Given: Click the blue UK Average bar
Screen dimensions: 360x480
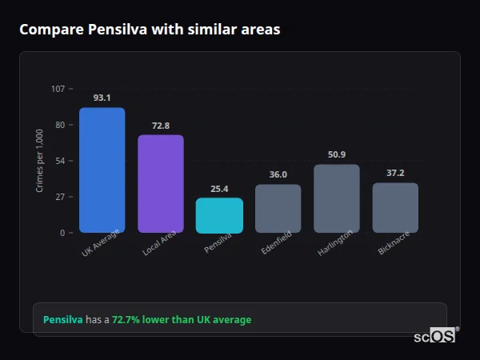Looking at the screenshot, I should (102, 170).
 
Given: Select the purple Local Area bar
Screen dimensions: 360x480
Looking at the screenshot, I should (161, 183).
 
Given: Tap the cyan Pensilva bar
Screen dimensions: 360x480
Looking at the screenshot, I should (219, 215).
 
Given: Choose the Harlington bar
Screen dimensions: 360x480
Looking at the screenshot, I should (337, 198).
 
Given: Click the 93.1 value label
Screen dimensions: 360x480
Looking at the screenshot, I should (102, 98).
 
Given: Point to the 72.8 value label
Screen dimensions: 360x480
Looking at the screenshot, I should (161, 126).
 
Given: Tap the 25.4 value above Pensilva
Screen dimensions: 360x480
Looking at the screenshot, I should (219, 189).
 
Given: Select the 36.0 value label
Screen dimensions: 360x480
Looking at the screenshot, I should (278, 174).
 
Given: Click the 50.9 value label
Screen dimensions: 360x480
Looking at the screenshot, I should (337, 154).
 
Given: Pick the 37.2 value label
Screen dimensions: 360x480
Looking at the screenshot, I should (395, 173).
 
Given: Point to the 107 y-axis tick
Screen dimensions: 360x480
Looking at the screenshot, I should (58, 88).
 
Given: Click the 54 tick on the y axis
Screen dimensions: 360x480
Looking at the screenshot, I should (60, 161).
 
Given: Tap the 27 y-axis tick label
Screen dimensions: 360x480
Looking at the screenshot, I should (60, 197).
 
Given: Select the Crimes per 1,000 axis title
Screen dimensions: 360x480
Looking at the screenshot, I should (40, 160).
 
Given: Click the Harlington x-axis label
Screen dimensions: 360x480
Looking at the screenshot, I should (334, 242).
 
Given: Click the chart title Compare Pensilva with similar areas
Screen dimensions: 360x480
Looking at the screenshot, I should (150, 30).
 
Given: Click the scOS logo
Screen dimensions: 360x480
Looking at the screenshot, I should (435, 336).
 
